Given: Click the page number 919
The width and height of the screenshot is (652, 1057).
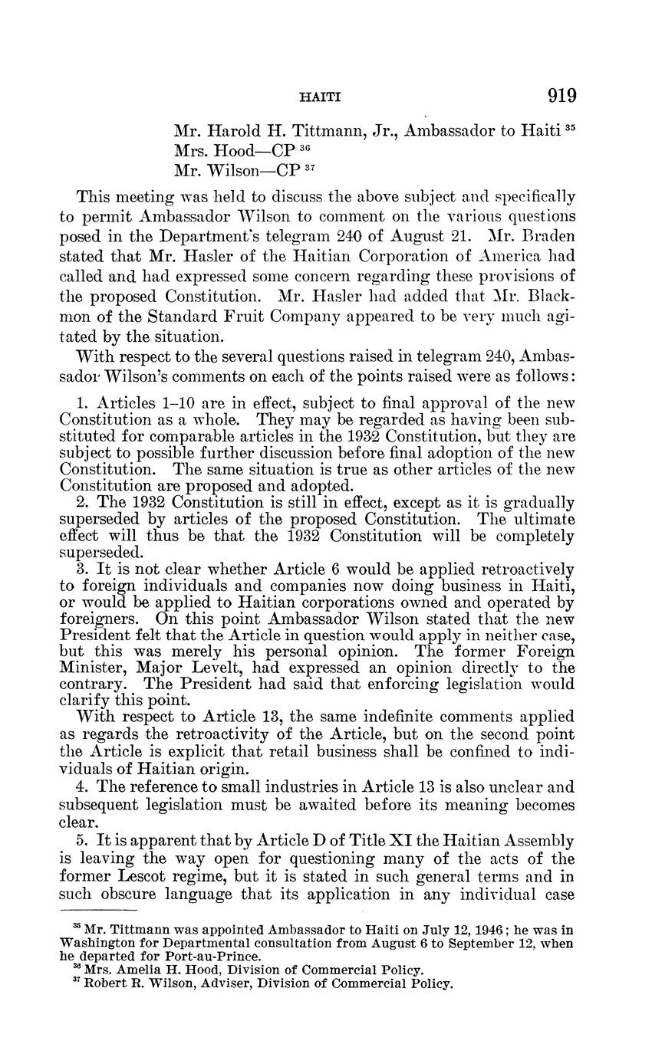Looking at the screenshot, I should coord(561,97).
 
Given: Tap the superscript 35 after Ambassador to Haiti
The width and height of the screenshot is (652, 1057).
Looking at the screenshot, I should coord(569,126).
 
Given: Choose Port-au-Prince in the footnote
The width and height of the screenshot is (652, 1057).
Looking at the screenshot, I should coord(224,956).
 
